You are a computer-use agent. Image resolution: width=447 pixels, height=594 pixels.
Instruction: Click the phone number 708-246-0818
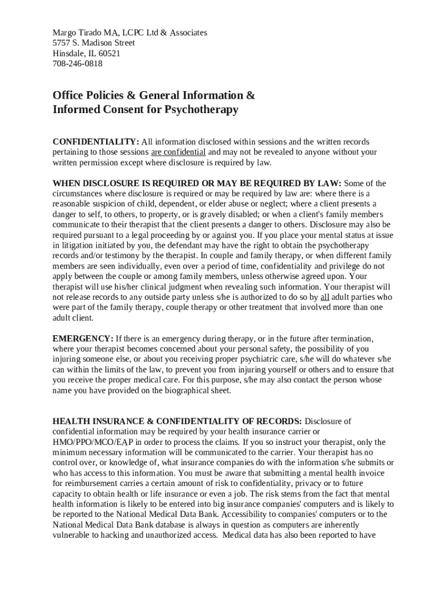pyautogui.click(x=77, y=64)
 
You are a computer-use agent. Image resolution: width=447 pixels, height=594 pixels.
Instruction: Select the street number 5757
pyautogui.click(x=62, y=43)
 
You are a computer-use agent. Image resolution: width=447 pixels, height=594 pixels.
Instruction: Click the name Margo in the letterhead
pyautogui.click(x=64, y=32)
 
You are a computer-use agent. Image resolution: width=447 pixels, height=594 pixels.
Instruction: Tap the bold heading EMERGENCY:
pyautogui.click(x=83, y=339)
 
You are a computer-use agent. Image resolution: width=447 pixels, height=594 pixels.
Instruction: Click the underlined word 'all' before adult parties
pyautogui.click(x=325, y=297)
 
